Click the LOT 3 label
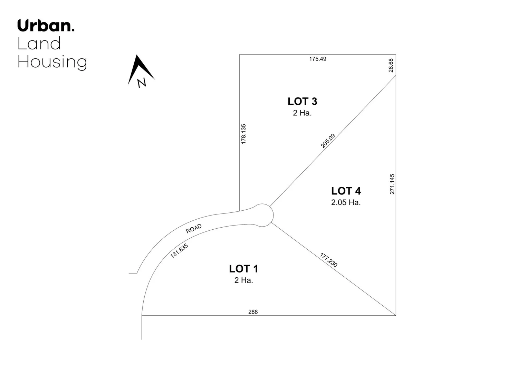pyautogui.click(x=302, y=102)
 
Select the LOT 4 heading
pyautogui.click(x=346, y=191)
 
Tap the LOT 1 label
pyautogui.click(x=243, y=269)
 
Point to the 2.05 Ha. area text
pyautogui.click(x=346, y=202)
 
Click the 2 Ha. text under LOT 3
pyautogui.click(x=302, y=113)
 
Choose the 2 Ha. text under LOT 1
pyautogui.click(x=243, y=280)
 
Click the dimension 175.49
pyautogui.click(x=318, y=59)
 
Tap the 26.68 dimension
pyautogui.click(x=391, y=65)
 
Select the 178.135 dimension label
pyautogui.click(x=243, y=134)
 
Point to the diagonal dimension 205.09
pyautogui.click(x=328, y=141)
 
